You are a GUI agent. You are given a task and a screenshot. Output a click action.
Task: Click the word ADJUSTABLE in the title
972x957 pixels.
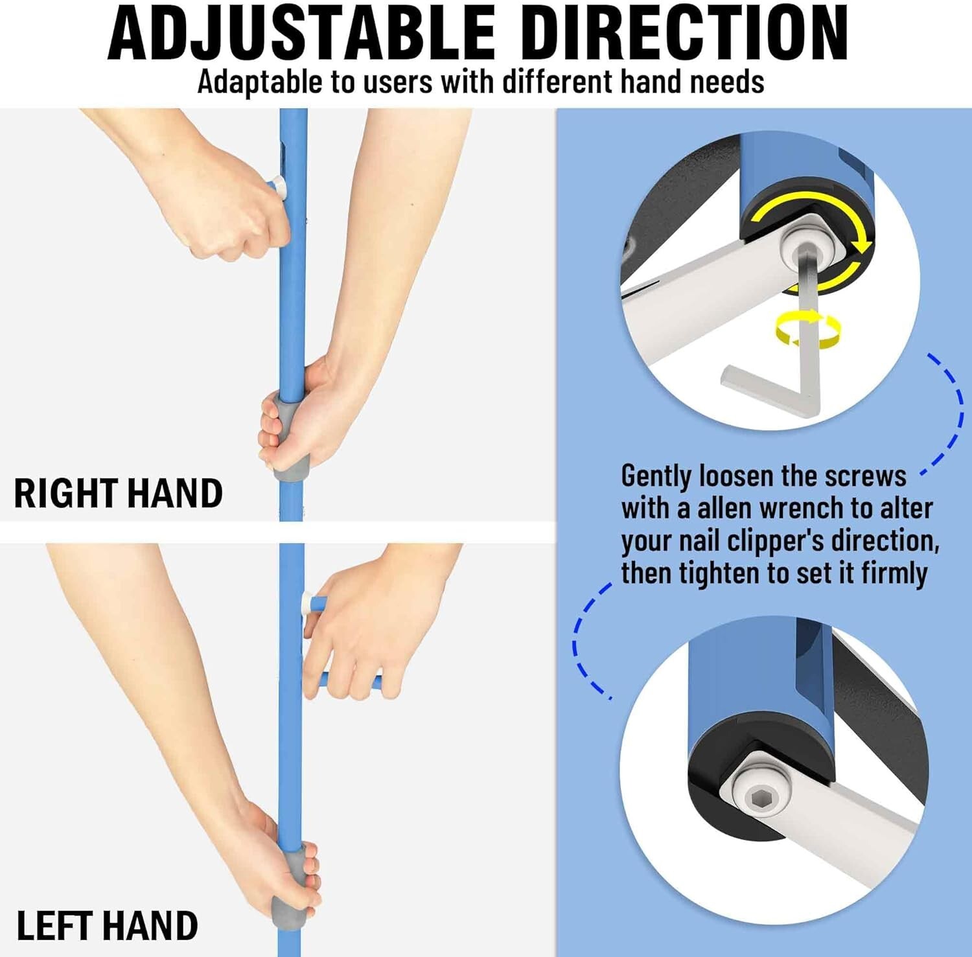point(301,32)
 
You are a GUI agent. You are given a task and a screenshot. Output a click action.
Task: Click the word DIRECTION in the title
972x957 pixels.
point(684,32)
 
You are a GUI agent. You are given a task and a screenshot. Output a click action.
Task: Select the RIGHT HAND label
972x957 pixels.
point(118,493)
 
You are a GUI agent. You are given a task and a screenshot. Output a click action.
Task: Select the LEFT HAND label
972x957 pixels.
point(107,925)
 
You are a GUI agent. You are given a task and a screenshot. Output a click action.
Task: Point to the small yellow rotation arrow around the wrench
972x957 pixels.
point(807,329)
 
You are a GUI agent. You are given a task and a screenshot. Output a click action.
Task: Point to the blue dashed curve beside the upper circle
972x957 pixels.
point(953,412)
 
